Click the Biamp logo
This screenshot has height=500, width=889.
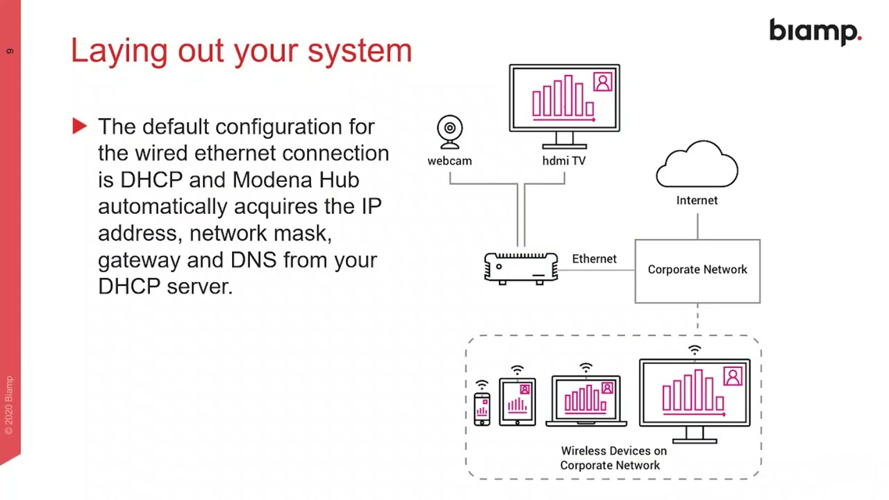tap(815, 32)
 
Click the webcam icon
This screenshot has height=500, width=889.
tap(450, 131)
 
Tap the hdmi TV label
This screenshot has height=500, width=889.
tap(563, 160)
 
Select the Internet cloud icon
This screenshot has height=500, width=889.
tap(697, 165)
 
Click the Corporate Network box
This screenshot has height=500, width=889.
tap(697, 270)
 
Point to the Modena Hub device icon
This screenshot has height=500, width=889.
tap(521, 268)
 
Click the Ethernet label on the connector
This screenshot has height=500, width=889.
tap(594, 258)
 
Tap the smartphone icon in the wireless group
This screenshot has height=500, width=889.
tap(481, 408)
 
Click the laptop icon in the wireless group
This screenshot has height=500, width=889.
tap(586, 401)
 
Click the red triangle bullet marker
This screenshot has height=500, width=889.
tap(79, 126)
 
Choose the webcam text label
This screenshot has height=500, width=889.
tap(449, 160)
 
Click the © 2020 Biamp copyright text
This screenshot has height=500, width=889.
tap(9, 406)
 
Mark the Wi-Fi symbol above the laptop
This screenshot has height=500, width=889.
tap(586, 367)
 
